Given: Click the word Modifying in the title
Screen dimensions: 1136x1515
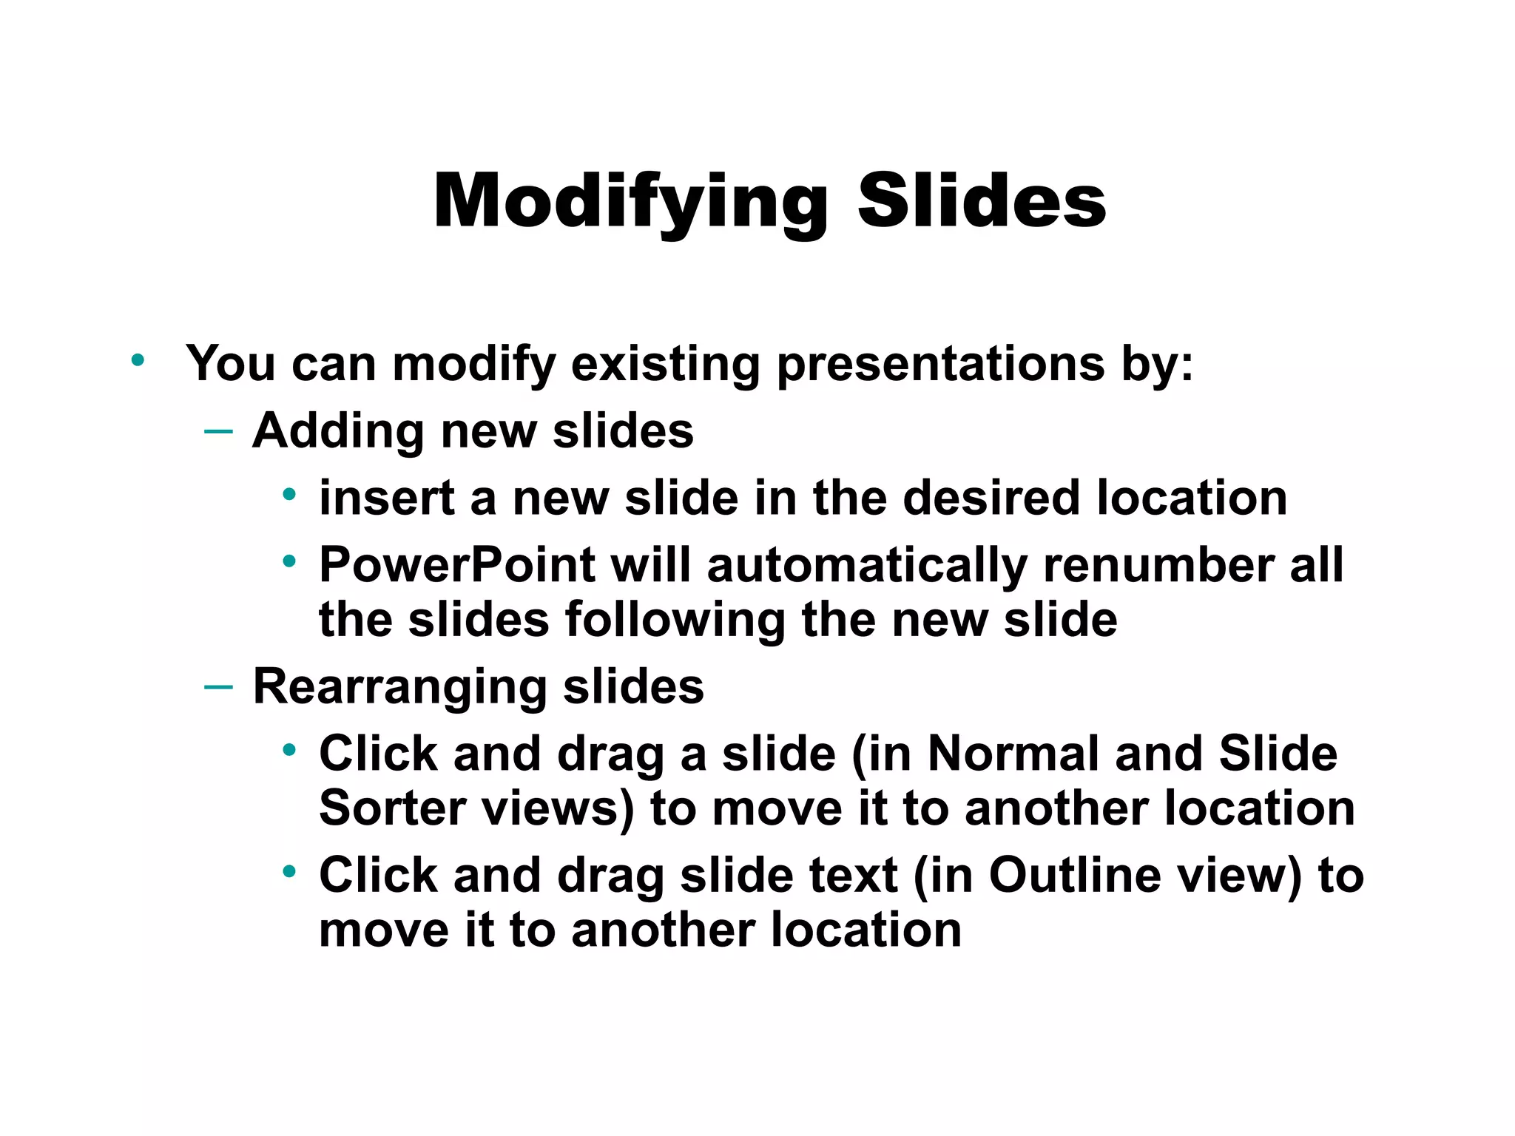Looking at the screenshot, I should [x=630, y=202].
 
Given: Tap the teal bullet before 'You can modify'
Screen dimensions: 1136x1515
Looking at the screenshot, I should [x=138, y=361].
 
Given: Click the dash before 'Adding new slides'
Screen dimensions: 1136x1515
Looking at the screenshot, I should [x=218, y=430].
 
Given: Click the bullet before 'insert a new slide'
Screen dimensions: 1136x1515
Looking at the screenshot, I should [x=289, y=494].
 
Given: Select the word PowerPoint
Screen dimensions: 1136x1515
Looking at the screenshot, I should [x=457, y=566].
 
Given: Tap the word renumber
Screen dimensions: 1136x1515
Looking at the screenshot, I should [x=1158, y=566].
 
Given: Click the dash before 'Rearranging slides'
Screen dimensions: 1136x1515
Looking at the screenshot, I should [x=218, y=687].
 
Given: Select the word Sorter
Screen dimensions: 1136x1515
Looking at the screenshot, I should [x=392, y=808].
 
